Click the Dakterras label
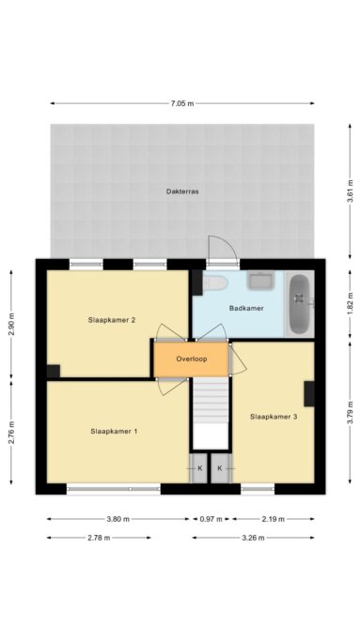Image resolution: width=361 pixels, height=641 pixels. coord(184,191)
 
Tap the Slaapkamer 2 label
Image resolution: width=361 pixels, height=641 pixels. coord(113,320)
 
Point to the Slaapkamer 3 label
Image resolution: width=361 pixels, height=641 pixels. coord(274,416)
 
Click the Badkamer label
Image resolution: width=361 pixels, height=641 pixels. coord(245,308)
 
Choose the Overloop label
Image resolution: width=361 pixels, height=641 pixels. coord(192,359)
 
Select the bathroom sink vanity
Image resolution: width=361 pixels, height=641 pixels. coord(259,280)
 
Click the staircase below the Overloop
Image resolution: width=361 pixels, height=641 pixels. coord(212,406)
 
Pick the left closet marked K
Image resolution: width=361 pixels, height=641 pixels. coord(199,466)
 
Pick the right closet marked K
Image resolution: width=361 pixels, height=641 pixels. coord(220,466)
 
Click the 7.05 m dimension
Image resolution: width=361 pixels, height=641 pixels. coord(183,103)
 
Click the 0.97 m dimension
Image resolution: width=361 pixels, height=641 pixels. coord(212,518)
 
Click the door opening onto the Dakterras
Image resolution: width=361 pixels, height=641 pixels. coord(222,250)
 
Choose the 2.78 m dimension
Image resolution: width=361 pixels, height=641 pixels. coord(99,538)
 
